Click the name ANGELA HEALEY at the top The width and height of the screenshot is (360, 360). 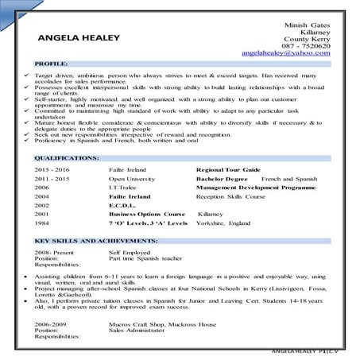(79, 37)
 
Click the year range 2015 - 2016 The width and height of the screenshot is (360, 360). (52, 170)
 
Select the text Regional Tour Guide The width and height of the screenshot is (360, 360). (228, 170)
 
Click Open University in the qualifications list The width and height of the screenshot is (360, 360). (132, 181)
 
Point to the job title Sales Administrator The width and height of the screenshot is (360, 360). (138, 331)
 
